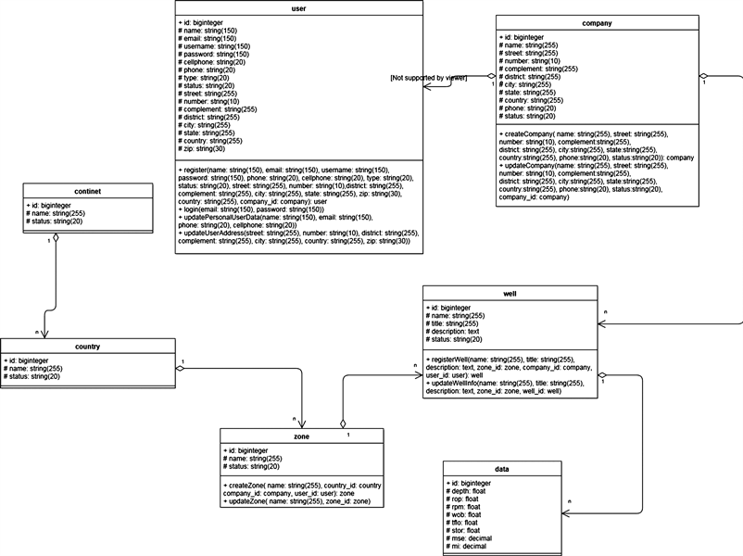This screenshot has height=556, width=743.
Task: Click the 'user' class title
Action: coord(299,8)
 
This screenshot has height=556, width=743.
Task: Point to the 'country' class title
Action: coord(86,347)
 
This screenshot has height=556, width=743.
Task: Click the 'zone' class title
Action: coord(301,436)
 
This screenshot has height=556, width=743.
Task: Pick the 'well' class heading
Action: coord(510,293)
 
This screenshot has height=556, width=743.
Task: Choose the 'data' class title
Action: coord(502,469)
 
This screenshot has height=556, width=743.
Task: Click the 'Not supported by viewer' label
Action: coord(428,78)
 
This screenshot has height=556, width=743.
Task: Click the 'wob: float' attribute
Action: coord(469,514)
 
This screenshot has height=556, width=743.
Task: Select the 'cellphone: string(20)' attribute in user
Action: coord(212,61)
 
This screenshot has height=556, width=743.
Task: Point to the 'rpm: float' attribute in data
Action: coord(469,507)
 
